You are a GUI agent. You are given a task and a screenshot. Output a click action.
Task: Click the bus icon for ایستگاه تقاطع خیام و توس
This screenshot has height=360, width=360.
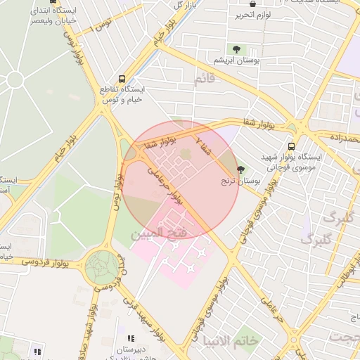tap(122, 79)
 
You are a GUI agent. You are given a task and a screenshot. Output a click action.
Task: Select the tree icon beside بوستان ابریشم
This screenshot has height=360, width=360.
tap(236, 49)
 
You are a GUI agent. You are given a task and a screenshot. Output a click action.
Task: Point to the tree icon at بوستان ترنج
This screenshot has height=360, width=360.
tap(241, 169)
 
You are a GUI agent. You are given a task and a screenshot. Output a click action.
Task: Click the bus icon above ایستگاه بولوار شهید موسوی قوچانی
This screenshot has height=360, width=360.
tap(291, 146)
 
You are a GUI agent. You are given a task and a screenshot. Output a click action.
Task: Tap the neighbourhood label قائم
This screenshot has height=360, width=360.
tap(205, 79)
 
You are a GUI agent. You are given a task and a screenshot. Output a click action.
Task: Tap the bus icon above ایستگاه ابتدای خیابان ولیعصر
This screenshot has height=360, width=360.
tap(54, 2)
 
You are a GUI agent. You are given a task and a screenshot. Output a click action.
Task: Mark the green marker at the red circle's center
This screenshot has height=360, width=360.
tap(185, 153)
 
